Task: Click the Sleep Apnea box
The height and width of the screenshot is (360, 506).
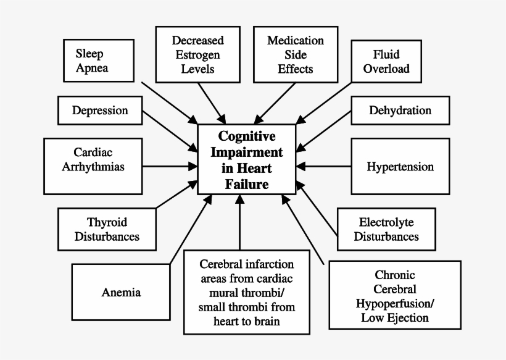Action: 99,61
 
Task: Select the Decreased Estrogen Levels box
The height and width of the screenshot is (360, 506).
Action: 197,54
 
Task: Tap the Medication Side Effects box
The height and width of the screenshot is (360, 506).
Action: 295,54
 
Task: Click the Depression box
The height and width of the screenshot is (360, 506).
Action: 100,111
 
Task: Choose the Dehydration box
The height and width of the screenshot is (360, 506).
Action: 400,111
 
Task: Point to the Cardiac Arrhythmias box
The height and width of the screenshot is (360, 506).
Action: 93,159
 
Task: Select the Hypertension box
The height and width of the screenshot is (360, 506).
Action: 400,167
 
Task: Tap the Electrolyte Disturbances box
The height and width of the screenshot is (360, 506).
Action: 386,229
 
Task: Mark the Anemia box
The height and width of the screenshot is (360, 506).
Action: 121,292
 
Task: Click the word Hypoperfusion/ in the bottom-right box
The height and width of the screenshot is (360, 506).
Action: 394,304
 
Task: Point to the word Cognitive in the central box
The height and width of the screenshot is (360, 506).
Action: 247,136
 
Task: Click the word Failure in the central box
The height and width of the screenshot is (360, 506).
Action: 247,184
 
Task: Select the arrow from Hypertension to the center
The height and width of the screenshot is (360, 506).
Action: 327,167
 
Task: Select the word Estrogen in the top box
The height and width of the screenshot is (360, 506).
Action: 197,54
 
